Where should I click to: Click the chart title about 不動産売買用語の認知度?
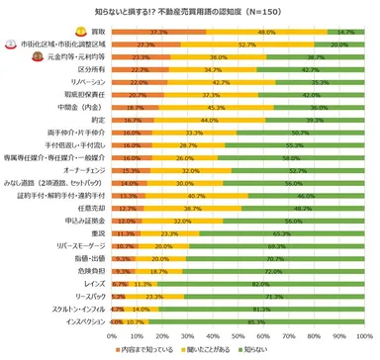tap(190, 9)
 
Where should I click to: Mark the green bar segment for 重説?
tap(282, 233)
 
